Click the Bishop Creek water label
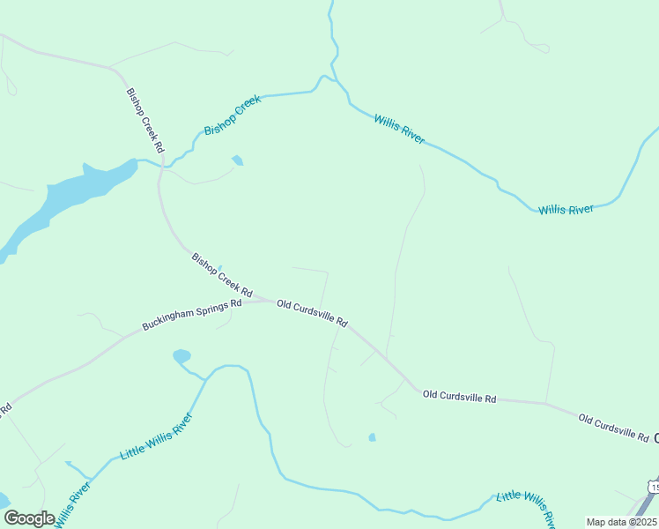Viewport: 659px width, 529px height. (x=233, y=115)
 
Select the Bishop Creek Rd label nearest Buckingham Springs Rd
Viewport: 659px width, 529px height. (x=222, y=274)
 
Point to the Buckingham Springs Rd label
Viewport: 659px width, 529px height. (x=191, y=316)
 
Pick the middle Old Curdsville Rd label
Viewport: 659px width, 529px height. (x=459, y=398)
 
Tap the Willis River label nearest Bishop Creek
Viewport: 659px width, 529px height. (x=399, y=129)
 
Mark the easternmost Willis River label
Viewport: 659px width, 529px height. (x=566, y=209)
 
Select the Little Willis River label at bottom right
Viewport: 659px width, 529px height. (x=526, y=508)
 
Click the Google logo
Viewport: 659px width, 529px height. (x=29, y=518)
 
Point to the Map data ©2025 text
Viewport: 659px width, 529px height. (x=621, y=522)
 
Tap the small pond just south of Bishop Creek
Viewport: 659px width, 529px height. (x=237, y=160)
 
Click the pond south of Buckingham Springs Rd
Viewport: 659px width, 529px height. (x=181, y=356)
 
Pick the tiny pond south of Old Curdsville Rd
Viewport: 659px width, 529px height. (x=372, y=437)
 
